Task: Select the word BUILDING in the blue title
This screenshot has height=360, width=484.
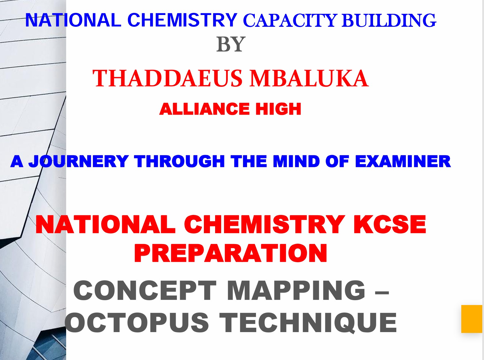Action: point(389,20)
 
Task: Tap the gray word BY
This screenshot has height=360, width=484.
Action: point(231,44)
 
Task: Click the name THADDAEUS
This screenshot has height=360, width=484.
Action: point(167,78)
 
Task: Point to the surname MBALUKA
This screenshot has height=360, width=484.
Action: point(309,78)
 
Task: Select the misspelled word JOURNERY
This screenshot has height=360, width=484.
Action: point(79,161)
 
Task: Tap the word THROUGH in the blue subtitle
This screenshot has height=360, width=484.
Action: point(179,161)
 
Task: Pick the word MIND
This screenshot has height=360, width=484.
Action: point(296,161)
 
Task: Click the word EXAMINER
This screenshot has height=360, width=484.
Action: point(403,161)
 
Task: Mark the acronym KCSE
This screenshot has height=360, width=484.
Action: point(390,224)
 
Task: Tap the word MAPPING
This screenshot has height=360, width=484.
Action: point(296,291)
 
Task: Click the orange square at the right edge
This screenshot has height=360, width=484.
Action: point(472,319)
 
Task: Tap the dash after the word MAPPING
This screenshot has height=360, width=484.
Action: point(382,294)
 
